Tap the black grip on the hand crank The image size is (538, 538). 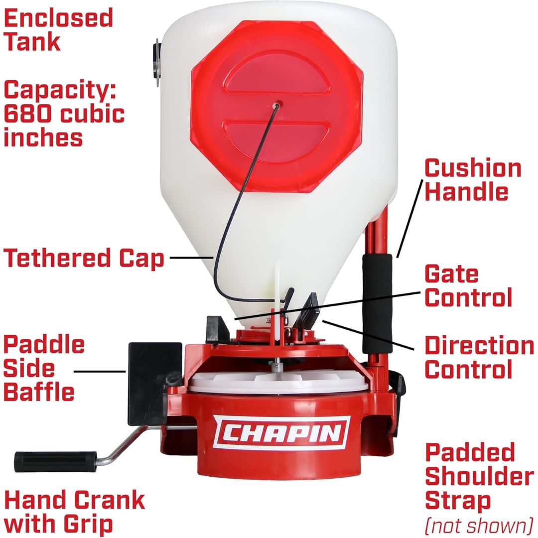(x=55, y=458)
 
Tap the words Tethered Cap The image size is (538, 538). (x=84, y=259)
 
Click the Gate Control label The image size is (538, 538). (x=468, y=285)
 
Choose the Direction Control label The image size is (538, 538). (x=479, y=358)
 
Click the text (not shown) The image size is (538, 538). (x=479, y=525)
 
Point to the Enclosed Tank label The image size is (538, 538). (x=58, y=30)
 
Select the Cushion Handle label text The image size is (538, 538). (x=472, y=180)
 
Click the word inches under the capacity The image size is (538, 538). (x=43, y=137)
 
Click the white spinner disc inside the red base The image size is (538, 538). (x=279, y=384)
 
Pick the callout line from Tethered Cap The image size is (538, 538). (x=192, y=258)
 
